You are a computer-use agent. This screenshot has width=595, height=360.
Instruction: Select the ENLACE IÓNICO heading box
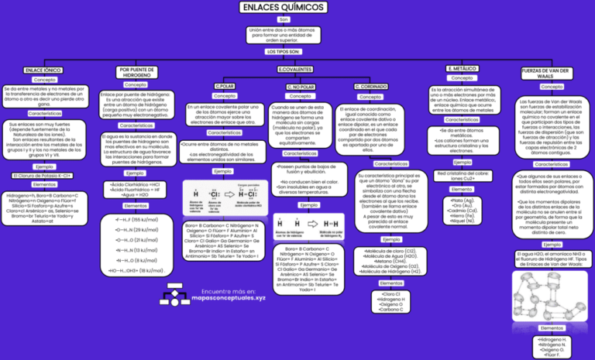point(44,70)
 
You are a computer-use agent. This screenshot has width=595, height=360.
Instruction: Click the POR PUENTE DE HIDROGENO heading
point(136,72)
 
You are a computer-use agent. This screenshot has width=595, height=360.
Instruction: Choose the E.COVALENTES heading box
point(294,70)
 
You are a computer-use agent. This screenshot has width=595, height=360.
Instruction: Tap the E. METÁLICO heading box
point(463,69)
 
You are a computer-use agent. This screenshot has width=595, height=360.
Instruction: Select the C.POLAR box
point(225,85)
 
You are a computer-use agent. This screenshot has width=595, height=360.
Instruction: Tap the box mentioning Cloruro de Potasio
point(44,176)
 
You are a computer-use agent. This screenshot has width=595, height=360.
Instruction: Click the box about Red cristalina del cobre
point(463,176)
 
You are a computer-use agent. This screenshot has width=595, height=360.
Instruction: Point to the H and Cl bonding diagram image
point(225,197)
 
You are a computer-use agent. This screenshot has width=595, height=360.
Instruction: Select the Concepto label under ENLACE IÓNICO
point(44,80)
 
